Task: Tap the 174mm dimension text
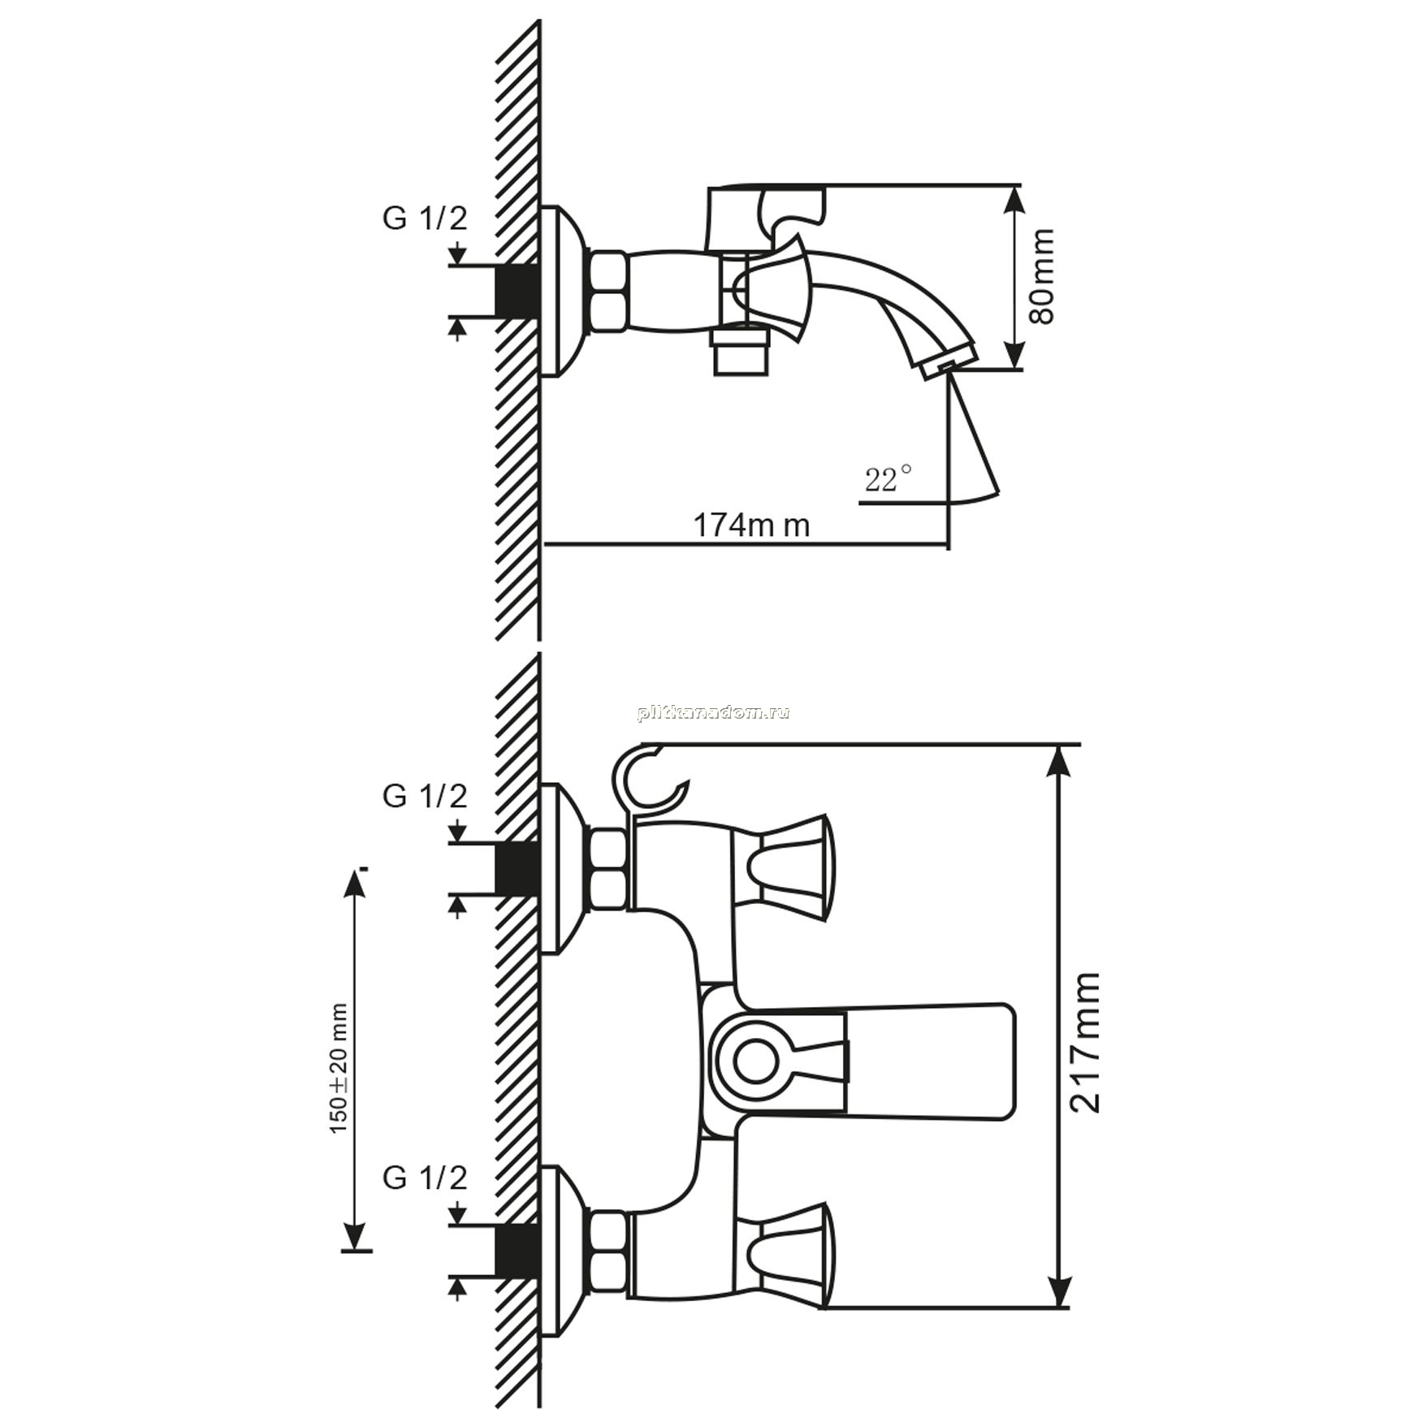pyautogui.click(x=751, y=525)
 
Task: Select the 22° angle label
pyautogui.click(x=888, y=478)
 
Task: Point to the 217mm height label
pyautogui.click(x=1084, y=1041)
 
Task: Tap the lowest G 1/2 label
pyautogui.click(x=425, y=1178)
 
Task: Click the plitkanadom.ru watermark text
pyautogui.click(x=714, y=713)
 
